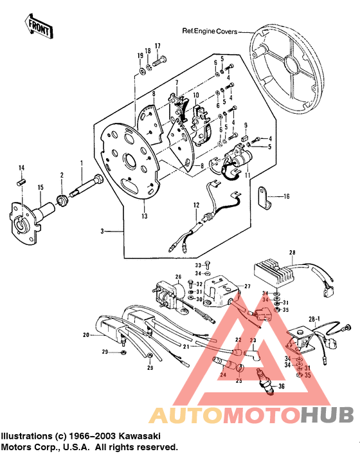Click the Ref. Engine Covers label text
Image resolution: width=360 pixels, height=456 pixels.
pyautogui.click(x=210, y=30)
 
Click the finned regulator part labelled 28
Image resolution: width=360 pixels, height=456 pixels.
pyautogui.click(x=271, y=270)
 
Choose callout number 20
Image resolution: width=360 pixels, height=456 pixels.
pyautogui.click(x=85, y=335)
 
